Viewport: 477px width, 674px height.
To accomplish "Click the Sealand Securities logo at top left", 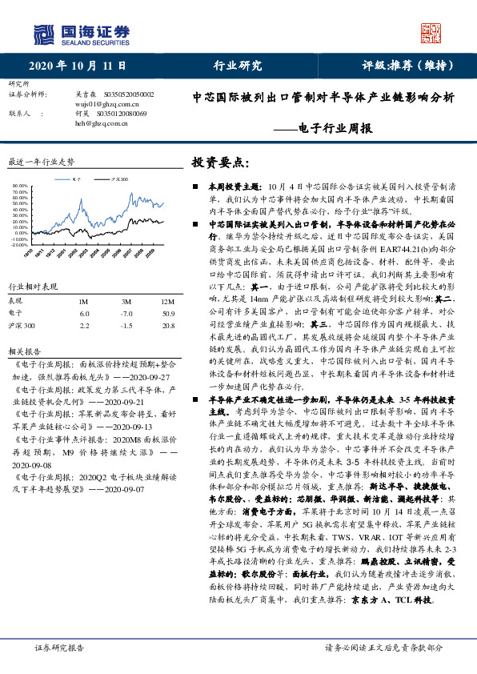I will point(81,34).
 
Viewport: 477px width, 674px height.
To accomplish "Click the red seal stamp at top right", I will point(432,33).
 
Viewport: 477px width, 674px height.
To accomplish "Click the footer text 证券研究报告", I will point(59,648).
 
